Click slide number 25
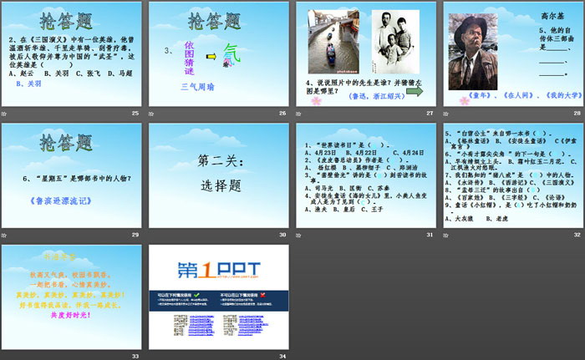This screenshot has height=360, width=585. (135, 114)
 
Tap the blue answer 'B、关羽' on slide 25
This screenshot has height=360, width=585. (30, 84)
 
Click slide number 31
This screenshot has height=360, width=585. (430, 235)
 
